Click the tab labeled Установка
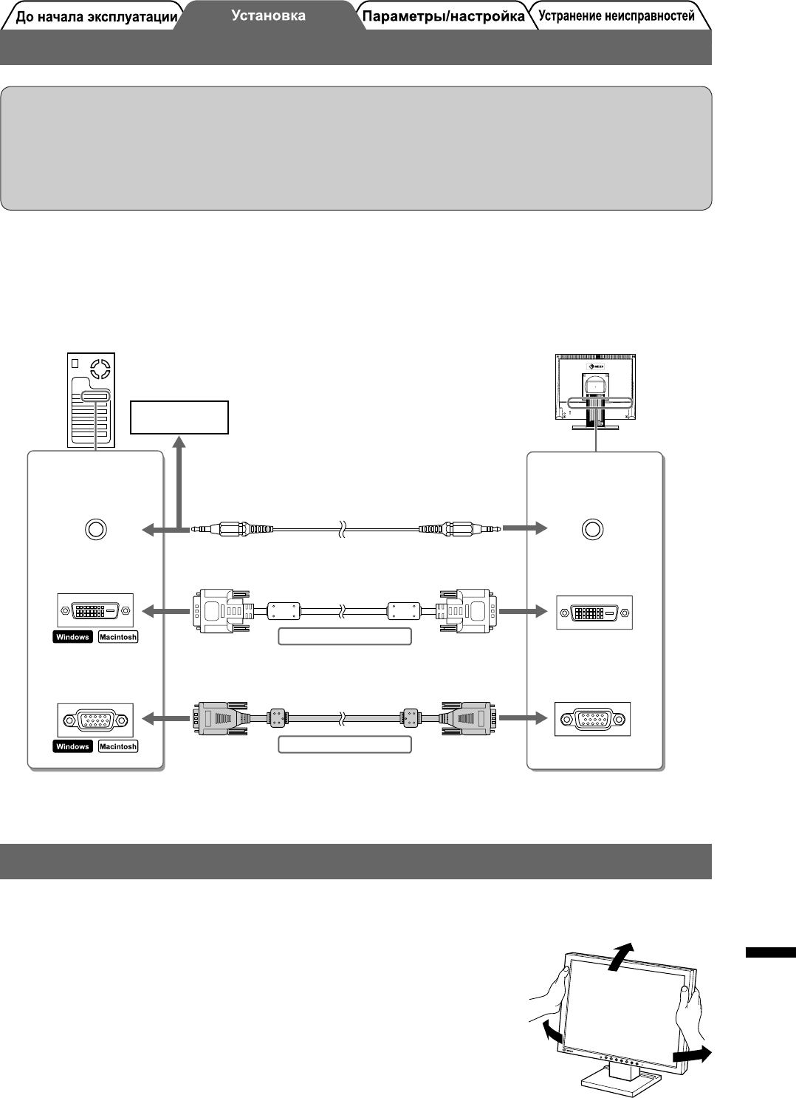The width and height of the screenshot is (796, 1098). pyautogui.click(x=268, y=16)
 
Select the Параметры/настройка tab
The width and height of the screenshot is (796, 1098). pyautogui.click(x=443, y=16)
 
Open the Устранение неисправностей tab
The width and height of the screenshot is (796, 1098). pyautogui.click(x=616, y=16)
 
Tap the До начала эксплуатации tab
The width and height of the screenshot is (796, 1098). pyautogui.click(x=96, y=17)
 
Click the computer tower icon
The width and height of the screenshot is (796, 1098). pyautogui.click(x=92, y=400)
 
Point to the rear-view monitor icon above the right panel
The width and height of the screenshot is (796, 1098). pyautogui.click(x=595, y=390)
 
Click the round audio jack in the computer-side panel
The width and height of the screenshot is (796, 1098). pyautogui.click(x=95, y=529)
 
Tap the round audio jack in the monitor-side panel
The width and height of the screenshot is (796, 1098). pyautogui.click(x=592, y=529)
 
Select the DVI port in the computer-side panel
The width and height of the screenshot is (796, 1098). pyautogui.click(x=95, y=611)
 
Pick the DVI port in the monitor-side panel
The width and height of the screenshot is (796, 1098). pyautogui.click(x=594, y=613)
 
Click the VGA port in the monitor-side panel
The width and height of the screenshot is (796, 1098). pyautogui.click(x=592, y=719)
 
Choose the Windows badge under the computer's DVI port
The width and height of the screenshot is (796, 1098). pyautogui.click(x=72, y=637)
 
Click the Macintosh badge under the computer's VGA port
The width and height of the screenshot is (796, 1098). pyautogui.click(x=118, y=746)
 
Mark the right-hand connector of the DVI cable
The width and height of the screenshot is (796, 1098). pyautogui.click(x=466, y=610)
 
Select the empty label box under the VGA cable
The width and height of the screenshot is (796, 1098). pyautogui.click(x=344, y=745)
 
